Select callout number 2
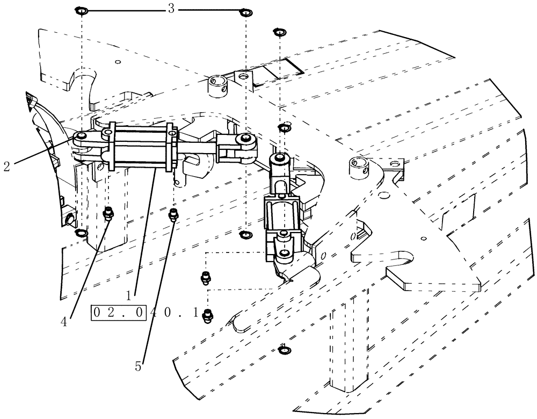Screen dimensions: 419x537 [6, 166]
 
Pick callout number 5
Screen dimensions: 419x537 [139, 367]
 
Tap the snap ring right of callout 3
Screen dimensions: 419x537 [245, 12]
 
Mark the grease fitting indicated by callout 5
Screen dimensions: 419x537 [173, 214]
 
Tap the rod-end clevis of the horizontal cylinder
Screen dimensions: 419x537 [237, 147]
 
